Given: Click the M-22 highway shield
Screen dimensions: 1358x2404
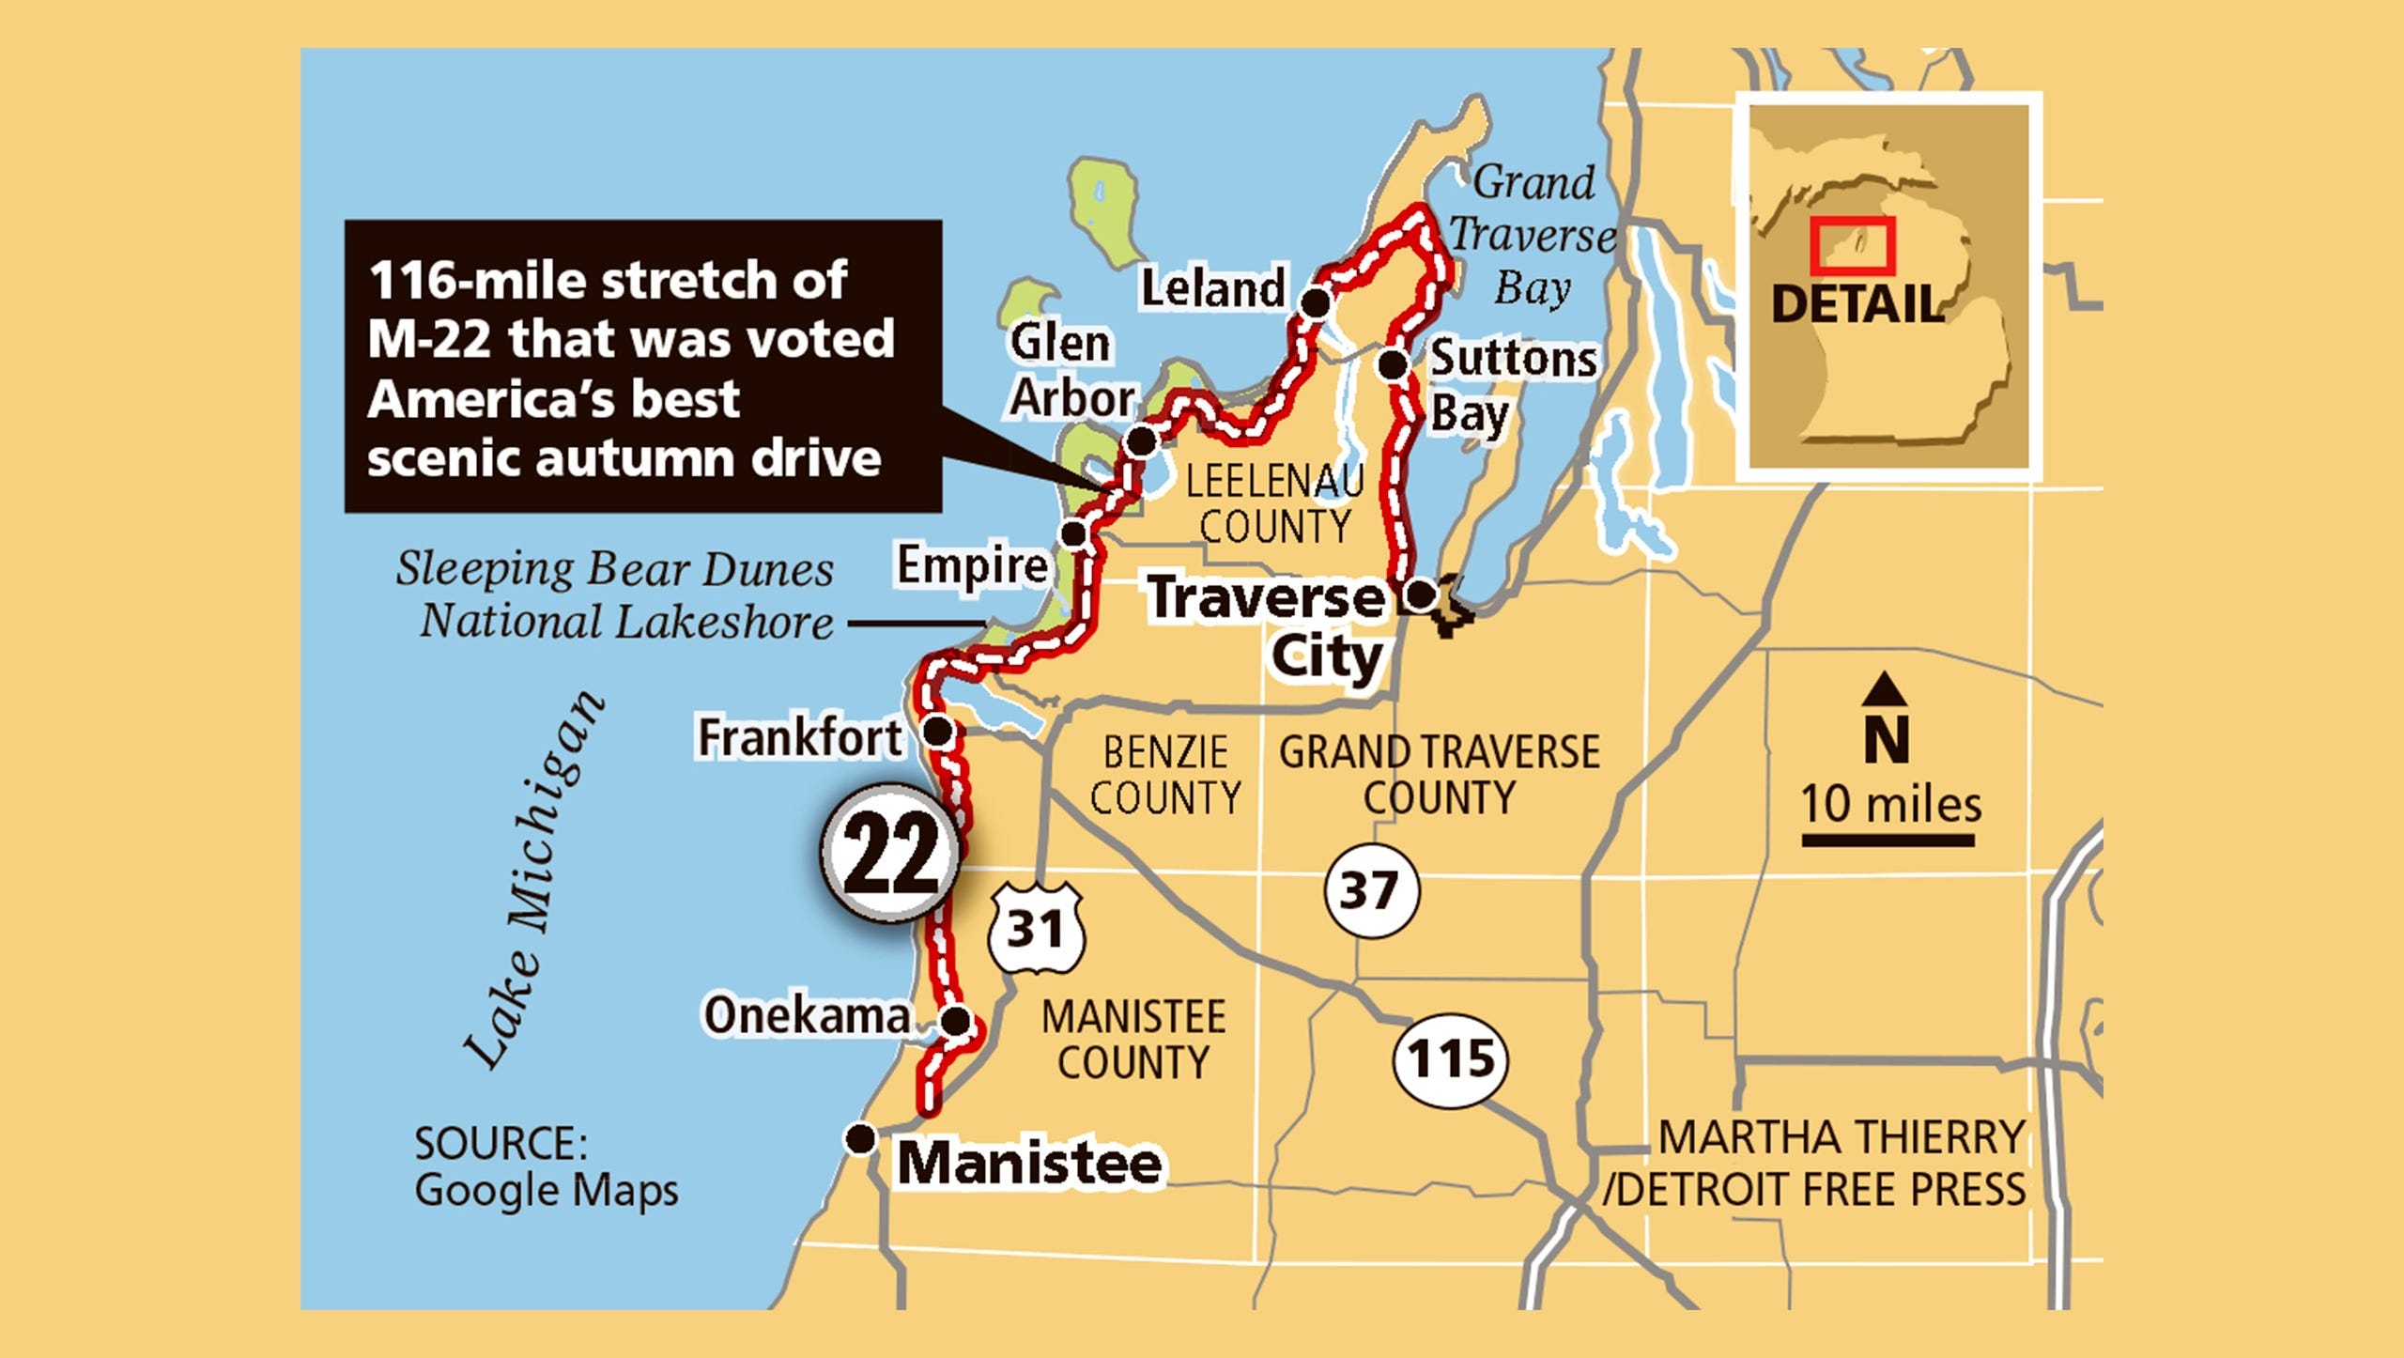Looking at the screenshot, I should point(890,854).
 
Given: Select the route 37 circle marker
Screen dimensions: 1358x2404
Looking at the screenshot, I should point(1371,889).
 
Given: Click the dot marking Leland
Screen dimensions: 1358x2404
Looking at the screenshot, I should point(1316,302).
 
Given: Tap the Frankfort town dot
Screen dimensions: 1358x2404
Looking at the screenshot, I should point(938,730).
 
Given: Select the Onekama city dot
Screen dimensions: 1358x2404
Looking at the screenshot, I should point(955,1021).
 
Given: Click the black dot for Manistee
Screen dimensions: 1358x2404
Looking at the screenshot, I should point(860,1139).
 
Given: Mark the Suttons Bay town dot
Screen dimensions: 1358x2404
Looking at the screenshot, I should point(1394,363).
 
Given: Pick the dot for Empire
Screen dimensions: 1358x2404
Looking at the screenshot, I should point(1074,534).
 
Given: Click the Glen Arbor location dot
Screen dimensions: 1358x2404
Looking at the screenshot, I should point(1141,440).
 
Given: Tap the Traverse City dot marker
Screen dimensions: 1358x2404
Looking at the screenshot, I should point(1420,594).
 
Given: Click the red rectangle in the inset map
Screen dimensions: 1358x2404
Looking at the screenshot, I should point(1852,246).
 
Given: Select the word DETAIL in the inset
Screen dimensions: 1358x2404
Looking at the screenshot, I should point(1857,304).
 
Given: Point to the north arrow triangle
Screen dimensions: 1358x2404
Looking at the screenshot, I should point(1884,690).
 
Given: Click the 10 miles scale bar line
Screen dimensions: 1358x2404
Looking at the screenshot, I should point(1888,841).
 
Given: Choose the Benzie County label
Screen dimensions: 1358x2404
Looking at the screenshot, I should point(1164,775).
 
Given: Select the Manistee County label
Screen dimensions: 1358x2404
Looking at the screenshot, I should point(1133,1040).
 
